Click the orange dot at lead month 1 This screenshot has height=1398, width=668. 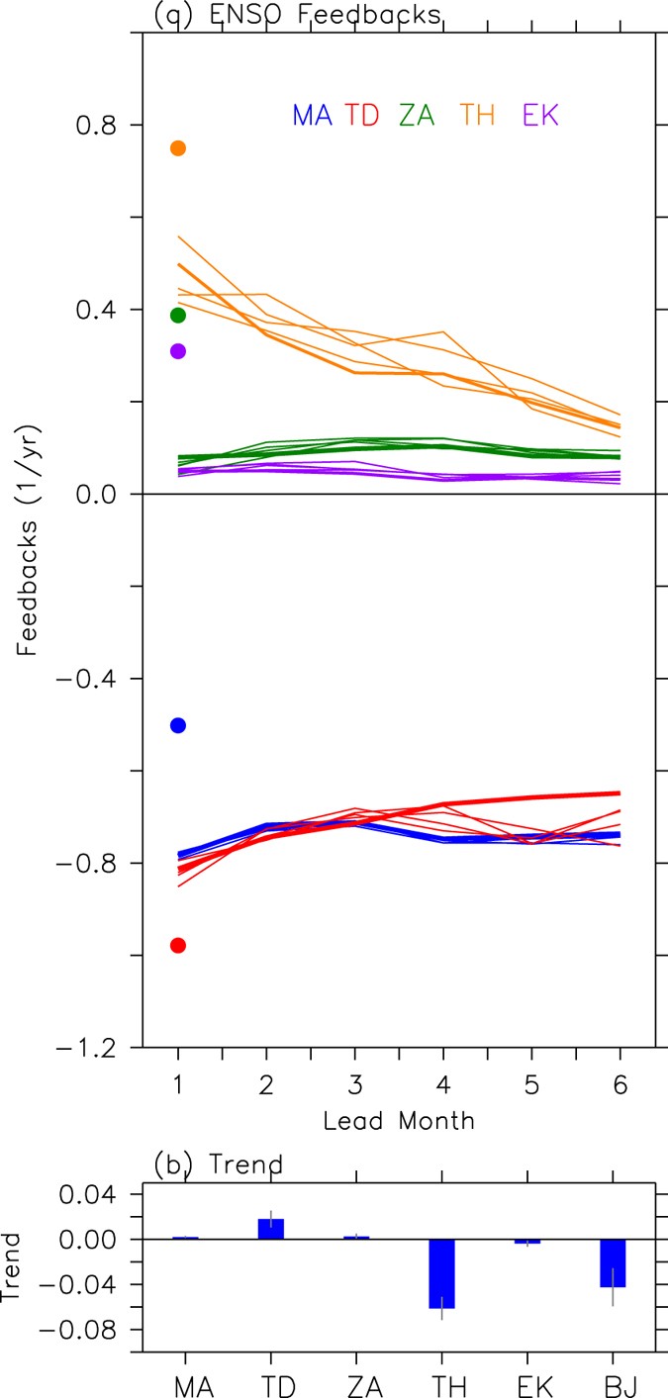pos(178,148)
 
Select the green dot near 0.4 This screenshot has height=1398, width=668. pos(178,316)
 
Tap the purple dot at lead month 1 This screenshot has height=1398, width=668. pos(178,351)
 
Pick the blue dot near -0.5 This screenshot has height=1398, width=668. pos(178,725)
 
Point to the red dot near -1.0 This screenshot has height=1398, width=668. pos(178,945)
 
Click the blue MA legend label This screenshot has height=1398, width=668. pos(311,116)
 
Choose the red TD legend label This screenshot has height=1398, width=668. pos(363,116)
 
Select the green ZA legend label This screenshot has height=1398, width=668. pos(417,116)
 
